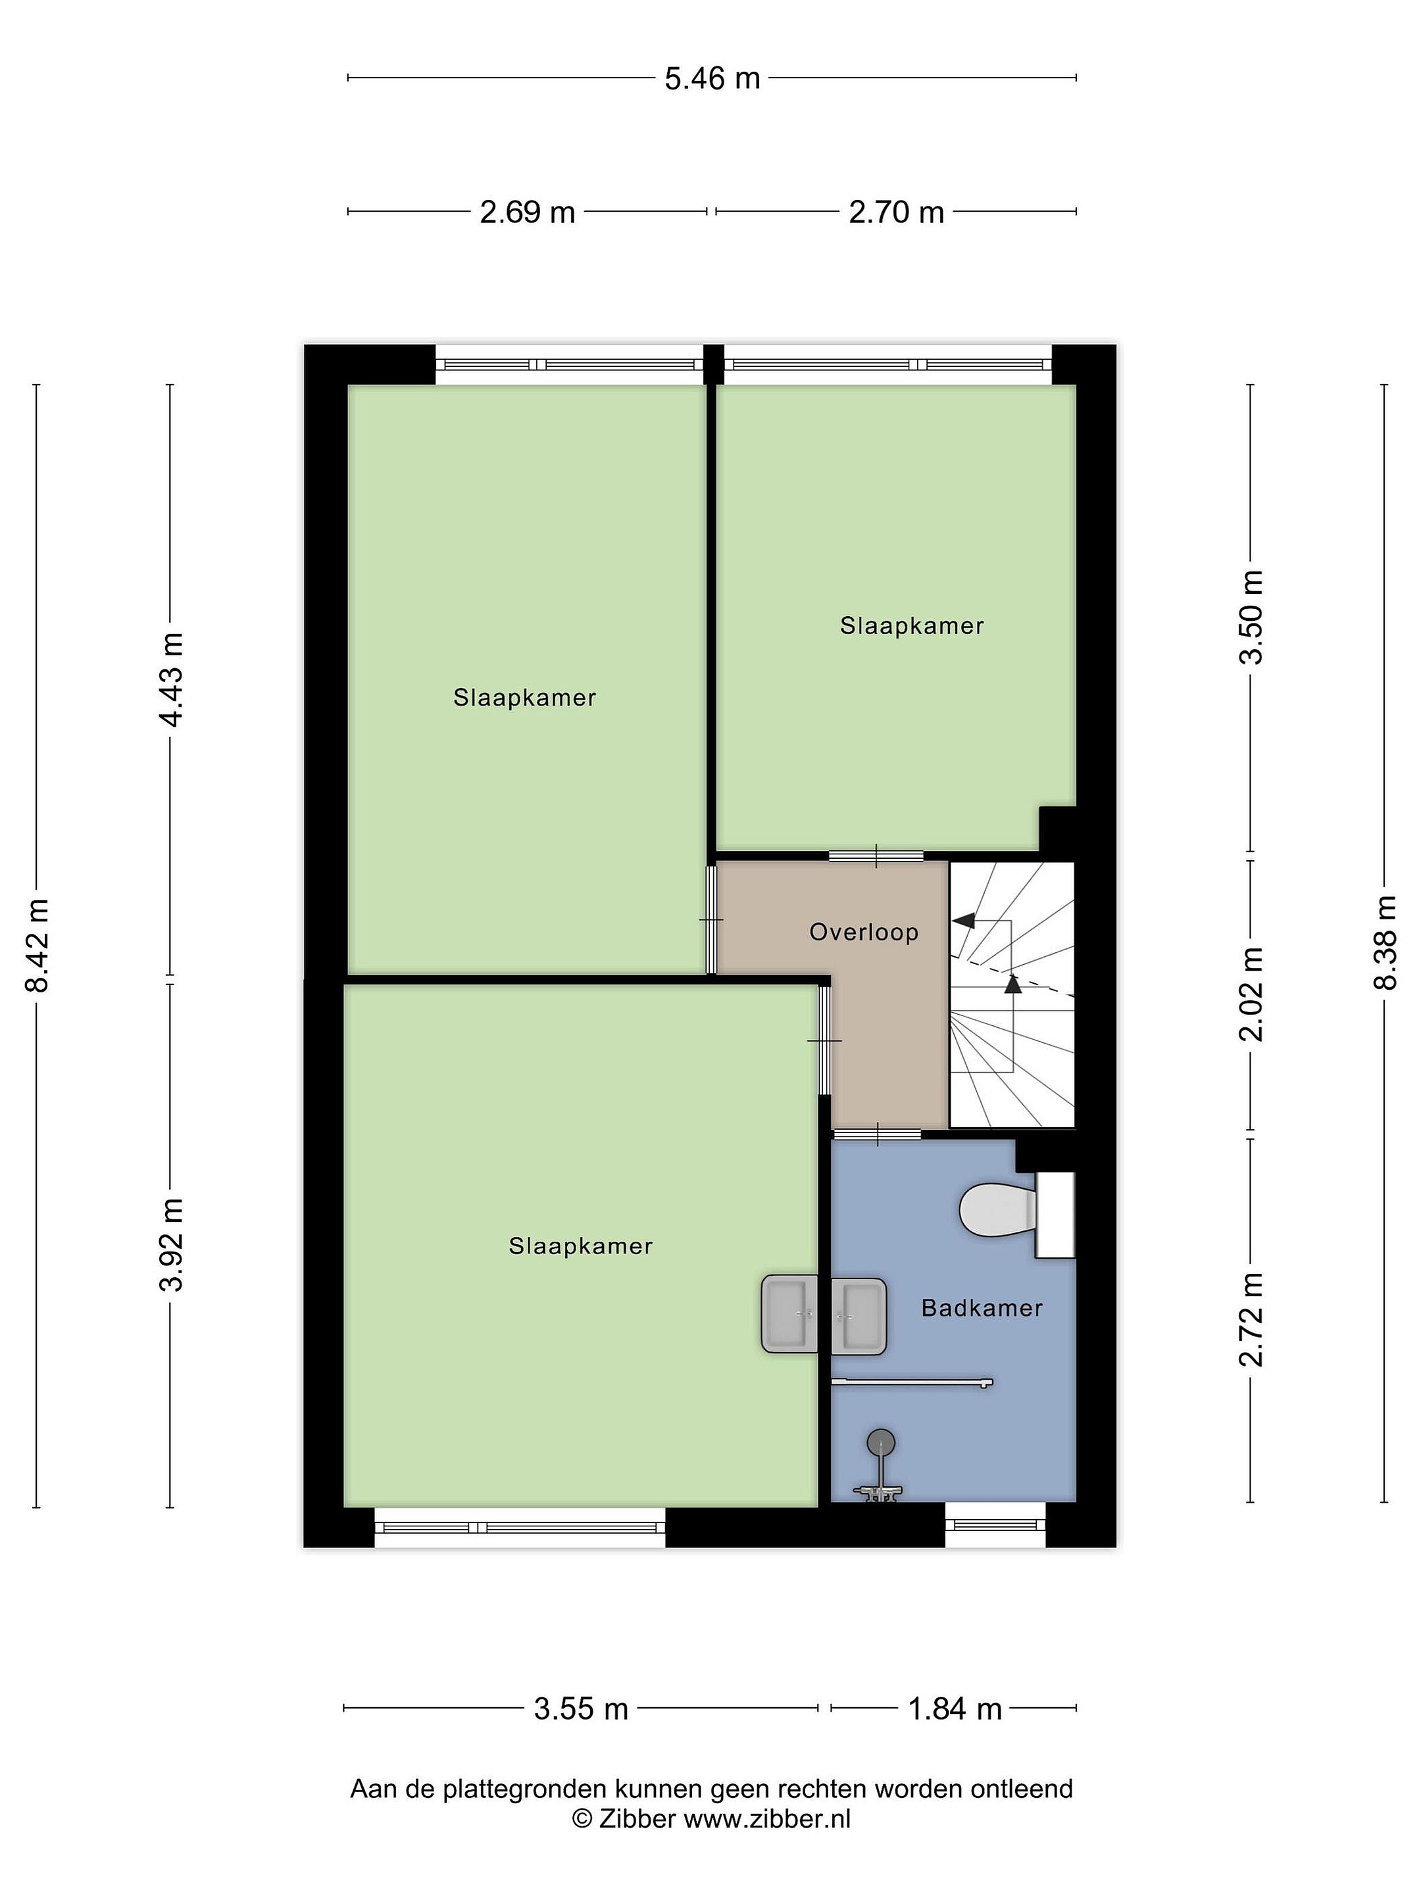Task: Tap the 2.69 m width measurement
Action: pyautogui.click(x=527, y=212)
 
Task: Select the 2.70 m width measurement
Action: pyautogui.click(x=896, y=212)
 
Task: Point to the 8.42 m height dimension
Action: pyautogui.click(x=37, y=944)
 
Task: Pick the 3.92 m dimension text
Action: pyautogui.click(x=171, y=1246)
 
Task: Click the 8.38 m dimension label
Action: pyautogui.click(x=1385, y=942)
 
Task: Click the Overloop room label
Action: pyautogui.click(x=863, y=932)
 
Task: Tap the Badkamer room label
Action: pyautogui.click(x=982, y=1307)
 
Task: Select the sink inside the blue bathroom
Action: pyautogui.click(x=859, y=1316)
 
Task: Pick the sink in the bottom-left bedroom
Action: pyautogui.click(x=789, y=1315)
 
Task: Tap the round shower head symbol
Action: pyautogui.click(x=880, y=1443)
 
